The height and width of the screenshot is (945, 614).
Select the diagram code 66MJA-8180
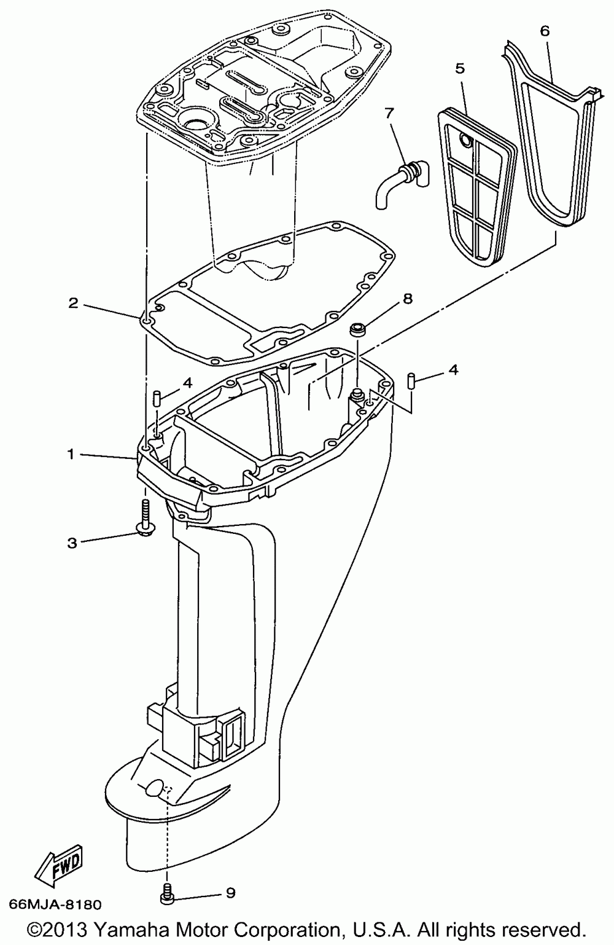(55, 904)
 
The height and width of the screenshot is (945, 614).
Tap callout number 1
(71, 454)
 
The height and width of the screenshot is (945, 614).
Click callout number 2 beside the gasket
(73, 303)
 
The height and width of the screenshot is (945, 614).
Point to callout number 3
(72, 543)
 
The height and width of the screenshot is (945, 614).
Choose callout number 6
(545, 31)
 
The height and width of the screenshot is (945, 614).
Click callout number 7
(388, 113)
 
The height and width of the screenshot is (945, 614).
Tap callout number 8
(407, 299)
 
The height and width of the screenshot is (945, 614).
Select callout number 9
(230, 893)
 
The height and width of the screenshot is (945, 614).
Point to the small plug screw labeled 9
(167, 896)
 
